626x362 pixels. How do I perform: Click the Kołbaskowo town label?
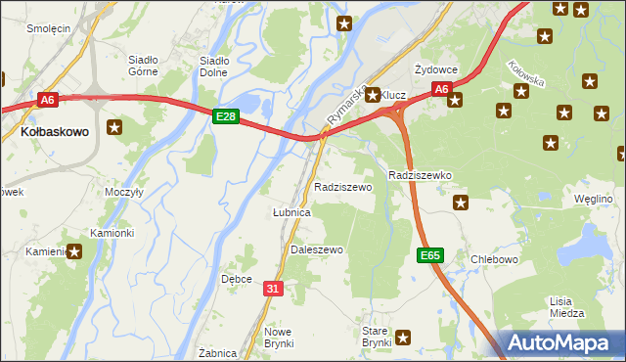click(55, 129)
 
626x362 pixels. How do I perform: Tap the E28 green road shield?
click(226, 116)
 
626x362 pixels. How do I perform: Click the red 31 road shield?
click(274, 288)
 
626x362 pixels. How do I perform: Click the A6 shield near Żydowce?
click(441, 89)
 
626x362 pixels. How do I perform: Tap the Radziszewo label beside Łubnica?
click(342, 186)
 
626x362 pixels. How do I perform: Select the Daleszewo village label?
click(317, 249)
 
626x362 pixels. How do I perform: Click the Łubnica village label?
click(291, 212)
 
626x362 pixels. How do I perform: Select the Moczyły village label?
click(124, 192)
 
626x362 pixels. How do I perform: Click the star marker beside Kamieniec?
click(74, 251)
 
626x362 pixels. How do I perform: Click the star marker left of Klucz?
click(373, 95)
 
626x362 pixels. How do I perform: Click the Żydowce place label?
click(435, 69)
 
